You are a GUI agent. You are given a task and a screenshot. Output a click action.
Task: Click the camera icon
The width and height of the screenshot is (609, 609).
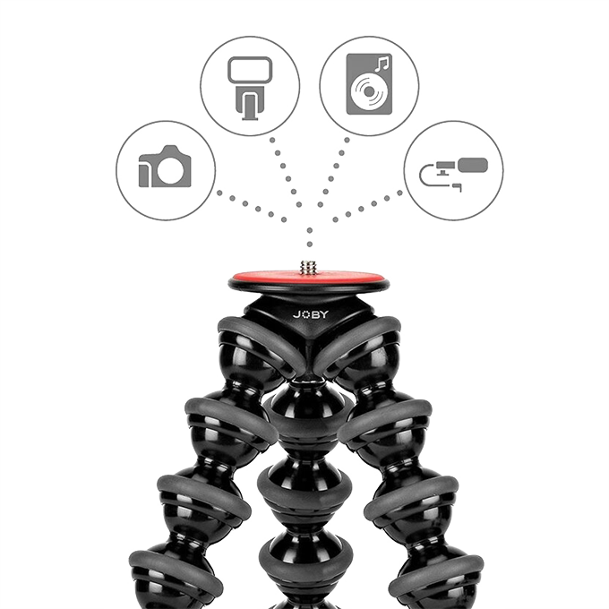coord(165,167)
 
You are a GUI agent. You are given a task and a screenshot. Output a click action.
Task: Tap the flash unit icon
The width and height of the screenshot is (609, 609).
coord(250,88)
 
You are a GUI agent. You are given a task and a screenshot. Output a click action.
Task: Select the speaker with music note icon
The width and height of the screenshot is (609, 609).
coord(369,84)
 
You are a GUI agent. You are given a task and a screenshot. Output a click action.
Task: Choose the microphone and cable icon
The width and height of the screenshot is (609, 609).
coord(453,173)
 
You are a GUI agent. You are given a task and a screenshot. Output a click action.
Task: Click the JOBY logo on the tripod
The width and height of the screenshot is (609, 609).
coord(311,314)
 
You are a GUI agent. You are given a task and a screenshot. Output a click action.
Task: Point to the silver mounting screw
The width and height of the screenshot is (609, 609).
coord(308,268)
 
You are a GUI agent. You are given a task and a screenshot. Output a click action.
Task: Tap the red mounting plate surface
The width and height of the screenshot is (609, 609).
coord(308,279)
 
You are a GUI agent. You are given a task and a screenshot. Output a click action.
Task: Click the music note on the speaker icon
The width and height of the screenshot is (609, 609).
coord(382,64)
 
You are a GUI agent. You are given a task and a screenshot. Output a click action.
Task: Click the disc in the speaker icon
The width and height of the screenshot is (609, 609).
coord(369,91)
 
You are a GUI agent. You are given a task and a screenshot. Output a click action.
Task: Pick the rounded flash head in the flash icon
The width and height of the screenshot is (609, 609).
coord(250,70)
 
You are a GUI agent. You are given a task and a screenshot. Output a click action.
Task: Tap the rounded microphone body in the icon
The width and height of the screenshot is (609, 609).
coord(473,165)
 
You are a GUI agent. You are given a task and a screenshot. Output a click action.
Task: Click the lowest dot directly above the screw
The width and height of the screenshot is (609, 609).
coord(310,244)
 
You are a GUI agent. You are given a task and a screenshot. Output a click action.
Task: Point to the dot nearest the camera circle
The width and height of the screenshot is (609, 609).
coord(219,193)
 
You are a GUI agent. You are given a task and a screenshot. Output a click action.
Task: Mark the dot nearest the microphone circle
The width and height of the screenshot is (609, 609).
coord(399,193)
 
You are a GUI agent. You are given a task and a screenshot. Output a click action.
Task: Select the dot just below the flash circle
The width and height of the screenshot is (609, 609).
coord(272,140)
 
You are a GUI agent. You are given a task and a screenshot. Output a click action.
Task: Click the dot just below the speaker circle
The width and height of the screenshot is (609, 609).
coord(347,140)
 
